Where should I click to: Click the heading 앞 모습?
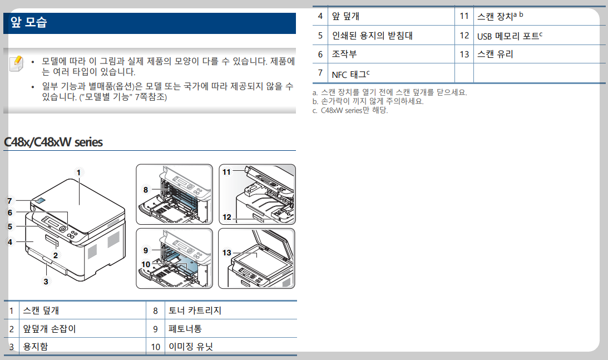coord(28,23)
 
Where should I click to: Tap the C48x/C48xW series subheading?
coord(53,142)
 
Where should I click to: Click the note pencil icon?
coord(16,63)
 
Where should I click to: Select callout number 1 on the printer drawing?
coord(79,172)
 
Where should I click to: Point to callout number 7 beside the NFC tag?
coord(9,201)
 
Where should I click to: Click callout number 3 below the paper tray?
coord(46,282)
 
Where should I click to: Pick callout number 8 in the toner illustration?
coord(146,190)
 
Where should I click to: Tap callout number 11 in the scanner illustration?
coord(226,172)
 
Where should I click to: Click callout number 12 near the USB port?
coord(226,218)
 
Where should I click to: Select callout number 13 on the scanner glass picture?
coord(226,253)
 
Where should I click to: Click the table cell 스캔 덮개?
coord(41,310)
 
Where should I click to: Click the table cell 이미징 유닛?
coord(190,347)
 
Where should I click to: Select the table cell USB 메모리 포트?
coord(508,36)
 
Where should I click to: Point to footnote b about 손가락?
coord(368,101)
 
